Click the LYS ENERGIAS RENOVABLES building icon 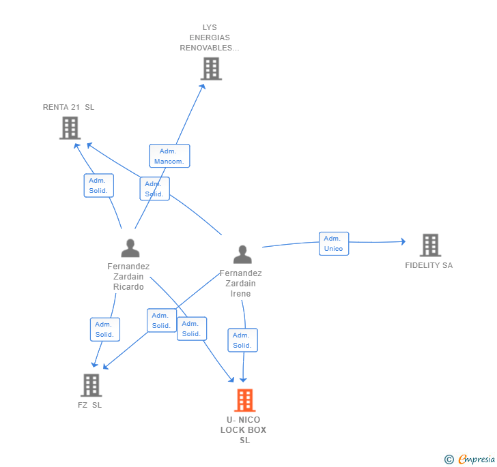211,69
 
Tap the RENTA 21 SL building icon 70,128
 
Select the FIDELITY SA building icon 430,245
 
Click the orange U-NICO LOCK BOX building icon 245,400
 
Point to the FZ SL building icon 91,385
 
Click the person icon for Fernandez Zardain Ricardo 130,248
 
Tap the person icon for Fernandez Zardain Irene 242,254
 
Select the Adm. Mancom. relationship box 169,155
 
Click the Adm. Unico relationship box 334,243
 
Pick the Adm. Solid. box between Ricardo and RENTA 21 99,185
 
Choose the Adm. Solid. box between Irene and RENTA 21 155,189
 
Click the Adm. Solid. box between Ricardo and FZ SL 105,329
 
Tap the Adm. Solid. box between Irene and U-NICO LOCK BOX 243,340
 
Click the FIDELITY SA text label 429,265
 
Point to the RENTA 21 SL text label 68,107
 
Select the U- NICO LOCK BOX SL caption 244,430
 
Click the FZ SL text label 89,405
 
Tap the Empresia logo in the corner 470,459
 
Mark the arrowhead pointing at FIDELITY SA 403,241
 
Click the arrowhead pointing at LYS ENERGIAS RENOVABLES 202,87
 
